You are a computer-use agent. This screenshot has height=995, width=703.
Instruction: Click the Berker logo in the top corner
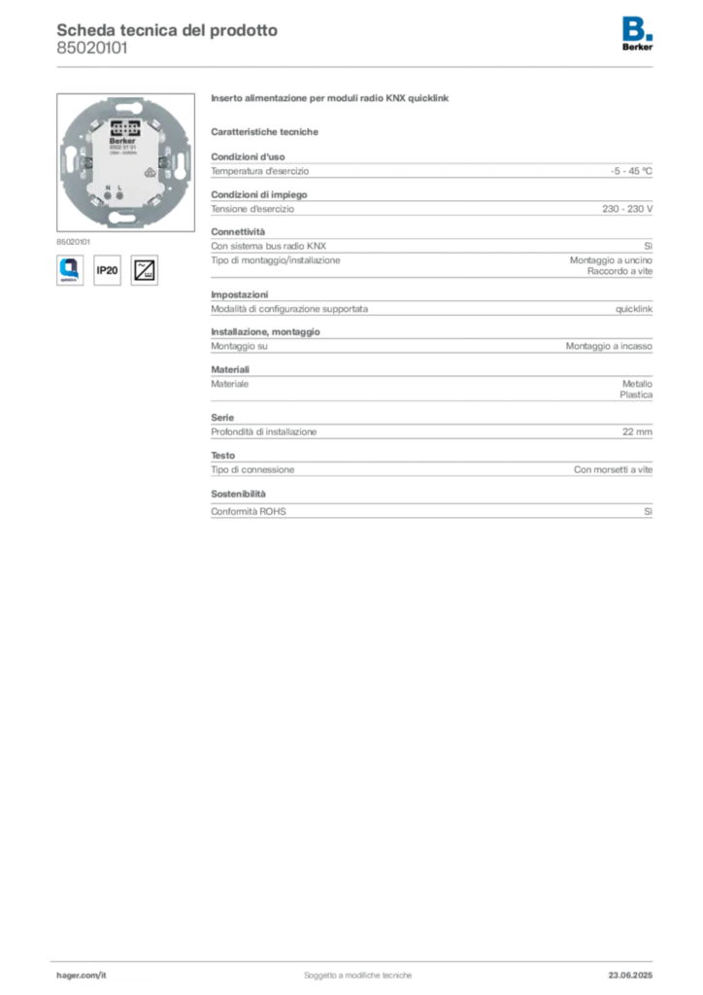click(637, 34)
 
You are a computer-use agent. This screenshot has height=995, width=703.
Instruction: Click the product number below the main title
click(92, 49)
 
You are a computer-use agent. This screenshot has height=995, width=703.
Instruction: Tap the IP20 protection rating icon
click(107, 270)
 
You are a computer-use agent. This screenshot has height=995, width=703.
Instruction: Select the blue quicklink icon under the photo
click(70, 270)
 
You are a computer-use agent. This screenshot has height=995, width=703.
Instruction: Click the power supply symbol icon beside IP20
click(145, 270)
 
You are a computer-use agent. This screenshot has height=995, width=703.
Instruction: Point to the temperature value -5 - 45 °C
click(631, 171)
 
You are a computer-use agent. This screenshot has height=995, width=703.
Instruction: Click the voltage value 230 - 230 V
click(627, 209)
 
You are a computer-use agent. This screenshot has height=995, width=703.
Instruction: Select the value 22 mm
click(637, 431)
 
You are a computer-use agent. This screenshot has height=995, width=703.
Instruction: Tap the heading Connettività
click(238, 231)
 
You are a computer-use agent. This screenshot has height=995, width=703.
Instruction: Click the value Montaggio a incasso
click(609, 346)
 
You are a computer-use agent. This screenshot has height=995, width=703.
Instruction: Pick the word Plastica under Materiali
click(636, 395)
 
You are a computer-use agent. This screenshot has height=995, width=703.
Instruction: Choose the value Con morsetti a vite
click(613, 469)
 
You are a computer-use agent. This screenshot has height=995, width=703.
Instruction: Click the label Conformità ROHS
click(249, 511)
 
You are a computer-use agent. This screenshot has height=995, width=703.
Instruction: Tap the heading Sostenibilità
click(238, 494)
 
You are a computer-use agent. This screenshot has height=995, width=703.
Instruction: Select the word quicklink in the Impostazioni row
click(634, 309)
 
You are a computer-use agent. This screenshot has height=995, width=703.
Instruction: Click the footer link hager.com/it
click(82, 976)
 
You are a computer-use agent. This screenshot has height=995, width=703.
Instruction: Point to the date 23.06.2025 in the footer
click(630, 976)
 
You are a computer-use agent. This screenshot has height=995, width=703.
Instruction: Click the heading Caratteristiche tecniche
click(264, 132)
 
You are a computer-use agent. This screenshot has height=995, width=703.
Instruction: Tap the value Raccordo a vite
click(619, 271)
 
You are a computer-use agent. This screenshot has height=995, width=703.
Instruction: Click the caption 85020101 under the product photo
click(73, 242)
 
